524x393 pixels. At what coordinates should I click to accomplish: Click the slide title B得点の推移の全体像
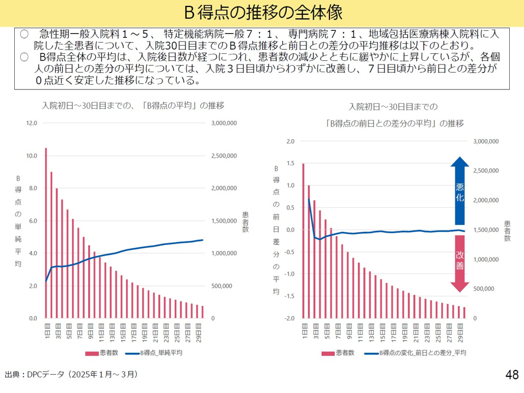262,12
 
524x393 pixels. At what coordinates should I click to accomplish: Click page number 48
512,375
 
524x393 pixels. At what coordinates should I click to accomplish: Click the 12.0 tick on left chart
31,124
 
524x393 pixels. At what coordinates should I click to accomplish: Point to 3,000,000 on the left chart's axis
224,124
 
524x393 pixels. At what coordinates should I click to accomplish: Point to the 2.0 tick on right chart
290,141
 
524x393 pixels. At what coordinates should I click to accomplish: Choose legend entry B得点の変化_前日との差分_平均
414,353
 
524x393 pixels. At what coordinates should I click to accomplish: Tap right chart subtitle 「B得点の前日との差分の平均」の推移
393,123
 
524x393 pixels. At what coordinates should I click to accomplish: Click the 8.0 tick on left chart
31,189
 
